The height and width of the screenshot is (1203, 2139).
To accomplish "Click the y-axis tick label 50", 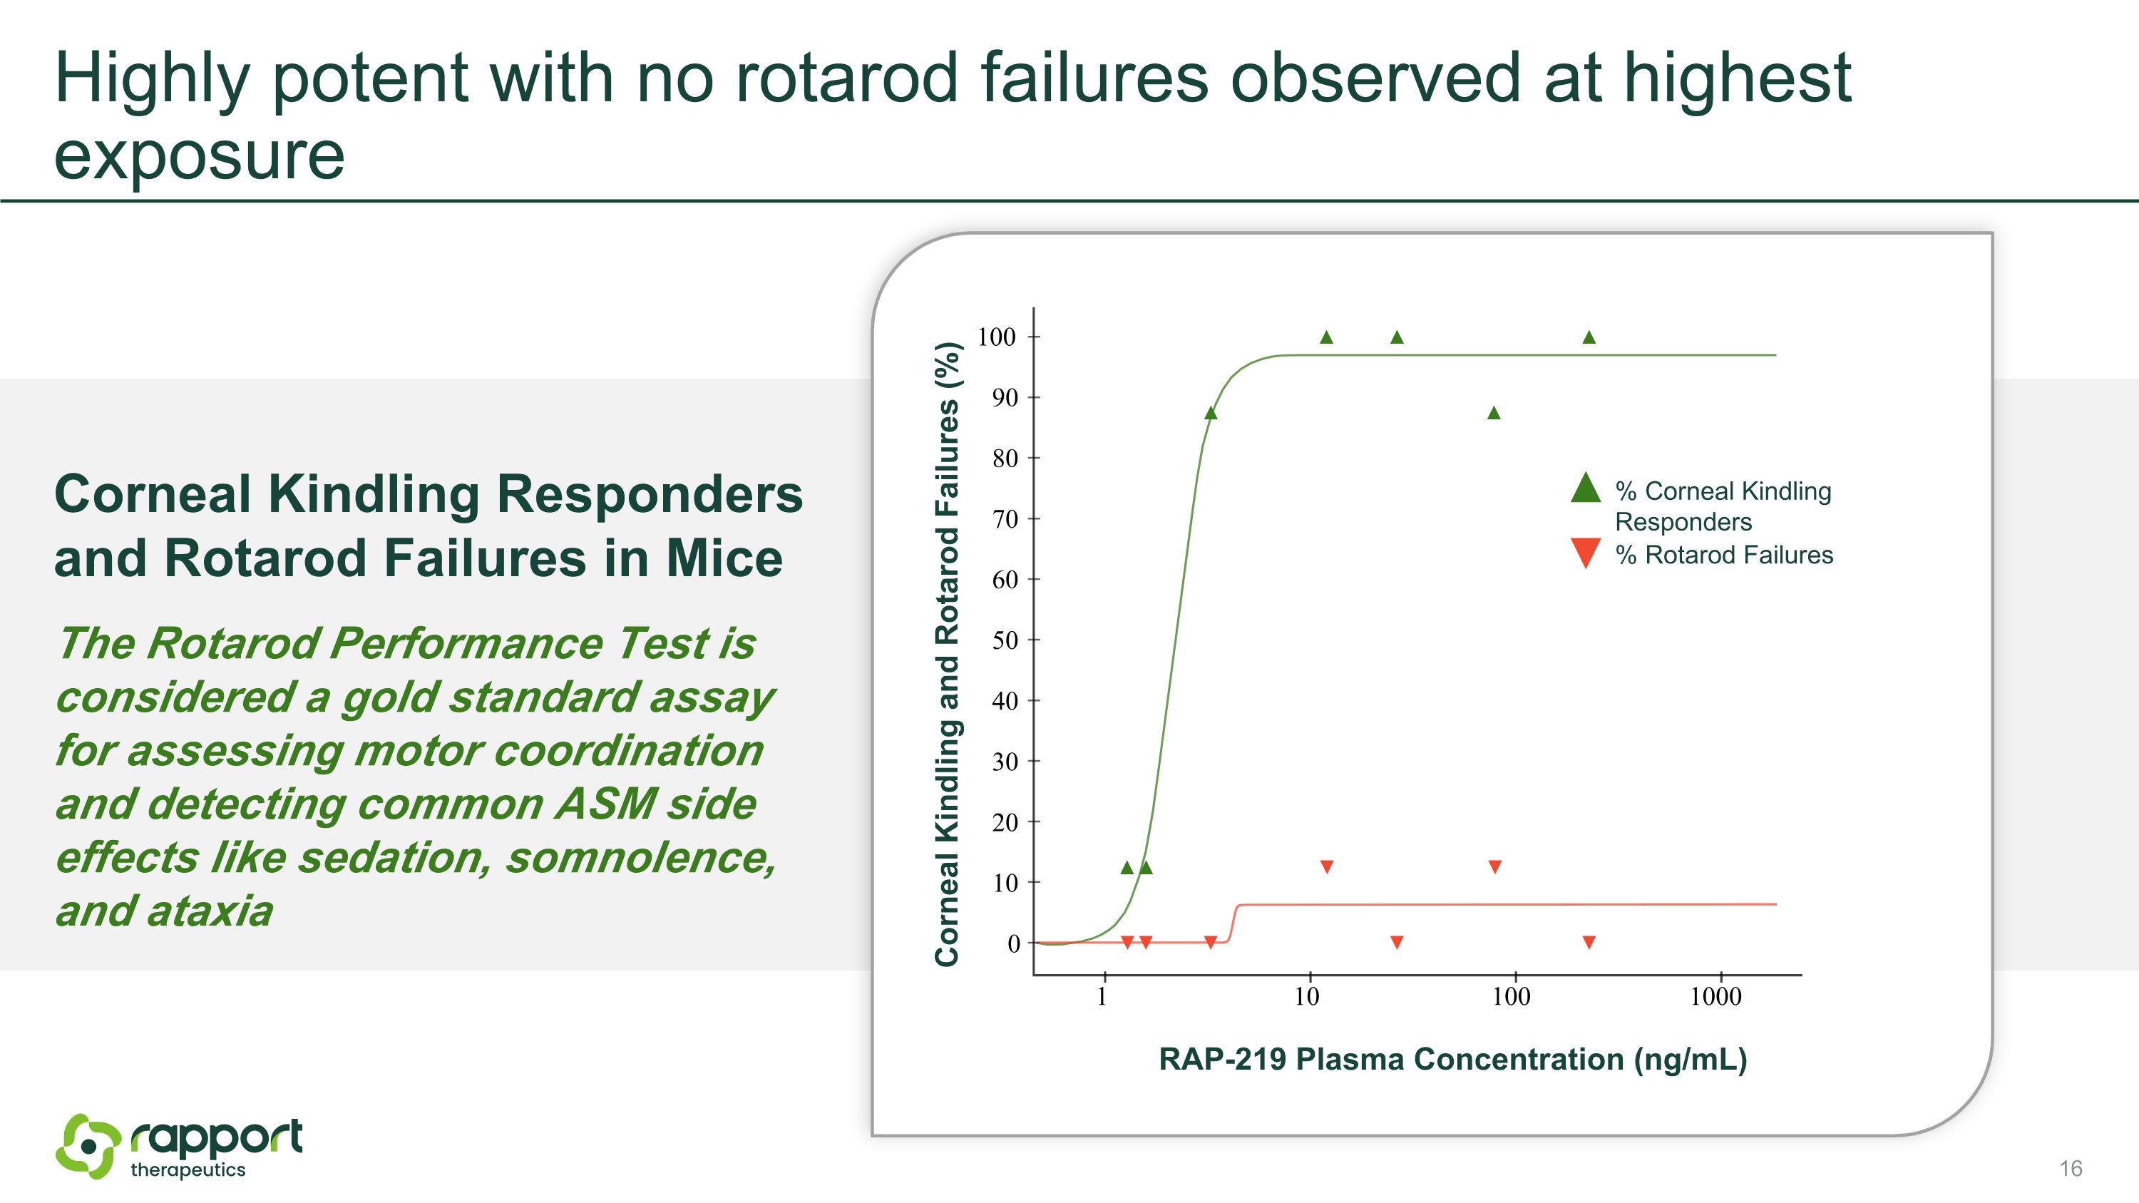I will pos(1005,640).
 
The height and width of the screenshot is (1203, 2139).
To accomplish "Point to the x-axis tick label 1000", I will pos(1715,996).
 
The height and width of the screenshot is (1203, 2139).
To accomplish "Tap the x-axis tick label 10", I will pos(1307,996).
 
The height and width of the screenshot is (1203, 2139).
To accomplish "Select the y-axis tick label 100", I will pos(997,337).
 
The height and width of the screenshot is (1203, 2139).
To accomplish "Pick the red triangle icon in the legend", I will pos(1585,553).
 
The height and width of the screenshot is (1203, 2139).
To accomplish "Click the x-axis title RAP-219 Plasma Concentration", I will pos(1452,1060).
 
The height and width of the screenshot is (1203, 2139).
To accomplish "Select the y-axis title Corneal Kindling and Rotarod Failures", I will pos(948,654).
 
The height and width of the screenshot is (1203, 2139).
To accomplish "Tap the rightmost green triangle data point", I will pos(1589,337).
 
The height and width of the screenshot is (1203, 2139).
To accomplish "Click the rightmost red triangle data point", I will pos(1589,941).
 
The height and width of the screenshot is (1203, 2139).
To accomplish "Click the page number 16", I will pos(2070,1168).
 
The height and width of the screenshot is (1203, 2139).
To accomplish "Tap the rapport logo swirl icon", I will pos(88,1147).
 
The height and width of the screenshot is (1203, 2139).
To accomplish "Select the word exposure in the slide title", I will pos(200,156).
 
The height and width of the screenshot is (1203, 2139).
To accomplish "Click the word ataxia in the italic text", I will pos(211,911).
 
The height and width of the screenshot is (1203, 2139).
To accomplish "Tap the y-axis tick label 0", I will pos(1013,944).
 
